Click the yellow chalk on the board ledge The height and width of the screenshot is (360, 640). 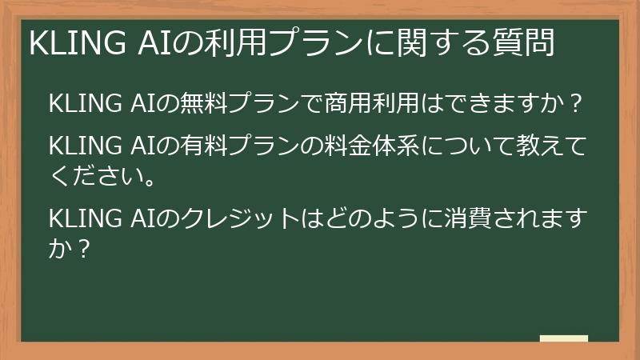[x=564, y=338]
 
